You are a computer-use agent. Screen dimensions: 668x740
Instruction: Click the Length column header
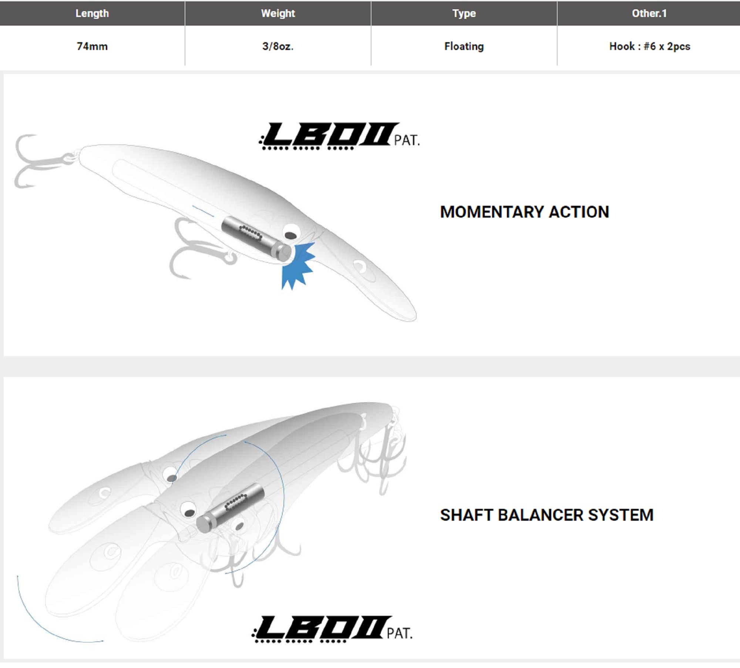92,13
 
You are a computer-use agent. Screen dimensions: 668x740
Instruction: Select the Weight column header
278,13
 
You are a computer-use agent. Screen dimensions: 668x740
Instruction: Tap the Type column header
464,13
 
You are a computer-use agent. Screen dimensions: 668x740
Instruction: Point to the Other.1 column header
649,13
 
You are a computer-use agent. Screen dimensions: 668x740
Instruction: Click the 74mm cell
92,46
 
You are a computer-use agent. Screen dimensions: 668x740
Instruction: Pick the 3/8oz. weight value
278,46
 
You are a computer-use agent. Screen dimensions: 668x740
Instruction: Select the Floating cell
464,46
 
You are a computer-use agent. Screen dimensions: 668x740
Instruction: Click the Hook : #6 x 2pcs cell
650,46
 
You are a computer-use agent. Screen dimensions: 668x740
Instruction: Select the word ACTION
579,212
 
